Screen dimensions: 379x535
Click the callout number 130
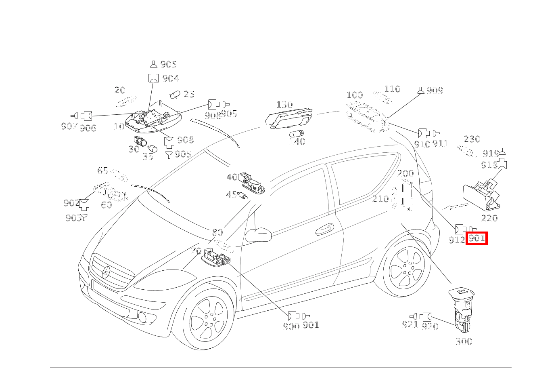tap(284, 105)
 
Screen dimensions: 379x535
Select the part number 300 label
tap(464, 341)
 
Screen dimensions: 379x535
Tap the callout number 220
tap(489, 218)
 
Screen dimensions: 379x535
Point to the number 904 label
tap(170, 78)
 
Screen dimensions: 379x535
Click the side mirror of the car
tap(258, 235)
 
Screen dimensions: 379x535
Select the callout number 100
tap(355, 95)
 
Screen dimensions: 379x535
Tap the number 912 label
tap(457, 240)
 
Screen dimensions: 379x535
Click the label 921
tap(410, 324)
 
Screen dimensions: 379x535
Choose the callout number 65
tap(102, 171)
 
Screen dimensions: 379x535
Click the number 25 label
tap(189, 95)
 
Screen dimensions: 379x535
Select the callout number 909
tap(435, 91)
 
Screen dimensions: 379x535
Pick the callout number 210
tap(380, 199)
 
